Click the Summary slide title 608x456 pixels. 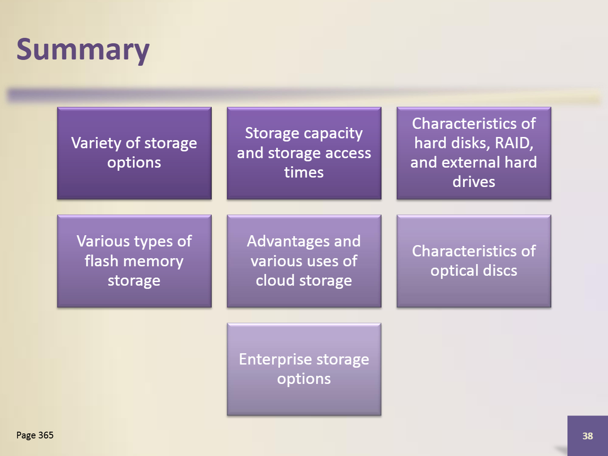pos(83,50)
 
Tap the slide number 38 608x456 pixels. pos(587,436)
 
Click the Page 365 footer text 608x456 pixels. pos(35,435)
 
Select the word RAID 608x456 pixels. pos(514,143)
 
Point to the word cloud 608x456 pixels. pos(275,280)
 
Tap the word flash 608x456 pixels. pos(101,261)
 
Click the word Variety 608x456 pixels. pos(96,143)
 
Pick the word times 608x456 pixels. pos(304,172)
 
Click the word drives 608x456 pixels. pos(474,182)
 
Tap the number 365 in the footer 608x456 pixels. pos(46,435)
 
